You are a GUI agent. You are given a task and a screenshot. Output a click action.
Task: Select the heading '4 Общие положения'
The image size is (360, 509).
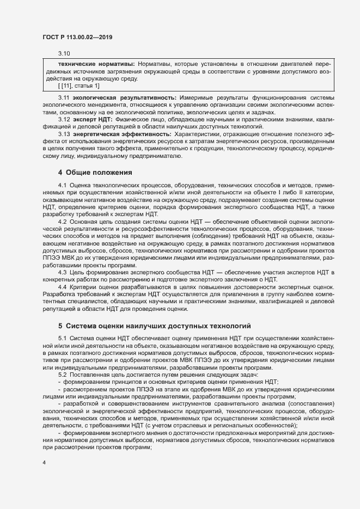(95, 173)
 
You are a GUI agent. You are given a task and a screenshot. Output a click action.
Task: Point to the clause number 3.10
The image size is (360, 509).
(64, 53)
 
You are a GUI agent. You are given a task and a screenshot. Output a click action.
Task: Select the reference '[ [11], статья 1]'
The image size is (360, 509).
(79, 85)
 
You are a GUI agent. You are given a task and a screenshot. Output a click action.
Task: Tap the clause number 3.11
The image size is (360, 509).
(64, 96)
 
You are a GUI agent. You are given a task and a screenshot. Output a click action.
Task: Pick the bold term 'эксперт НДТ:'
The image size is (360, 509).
(93, 118)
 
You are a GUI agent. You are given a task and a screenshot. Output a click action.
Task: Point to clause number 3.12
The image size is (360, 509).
(64, 118)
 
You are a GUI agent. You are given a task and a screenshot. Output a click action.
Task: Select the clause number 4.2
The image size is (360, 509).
(62, 222)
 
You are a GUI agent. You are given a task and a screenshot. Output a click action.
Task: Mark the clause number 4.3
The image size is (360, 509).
(62, 271)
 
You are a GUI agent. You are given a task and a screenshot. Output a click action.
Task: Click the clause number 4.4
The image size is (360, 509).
(62, 287)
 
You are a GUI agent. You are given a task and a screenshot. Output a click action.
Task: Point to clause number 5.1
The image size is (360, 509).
(62, 339)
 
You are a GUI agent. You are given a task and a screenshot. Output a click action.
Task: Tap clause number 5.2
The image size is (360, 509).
(62, 375)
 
